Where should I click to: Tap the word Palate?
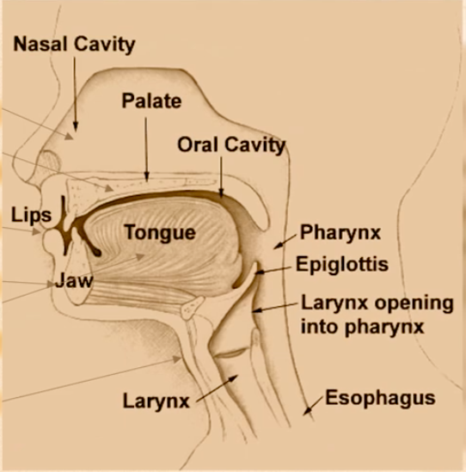coord(151,101)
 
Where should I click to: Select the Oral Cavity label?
coord(230,144)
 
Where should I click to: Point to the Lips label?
coord(32,214)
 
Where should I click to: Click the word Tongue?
coord(159,232)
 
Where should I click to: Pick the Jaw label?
coord(73,279)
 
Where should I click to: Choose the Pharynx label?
coord(340,232)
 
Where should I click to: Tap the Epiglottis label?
coord(342,263)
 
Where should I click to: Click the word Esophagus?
coord(379,398)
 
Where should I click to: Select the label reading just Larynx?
coord(156,400)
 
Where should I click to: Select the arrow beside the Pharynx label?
coord(283,242)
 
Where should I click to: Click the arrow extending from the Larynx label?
coord(216,389)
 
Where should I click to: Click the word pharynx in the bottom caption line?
coord(386,327)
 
